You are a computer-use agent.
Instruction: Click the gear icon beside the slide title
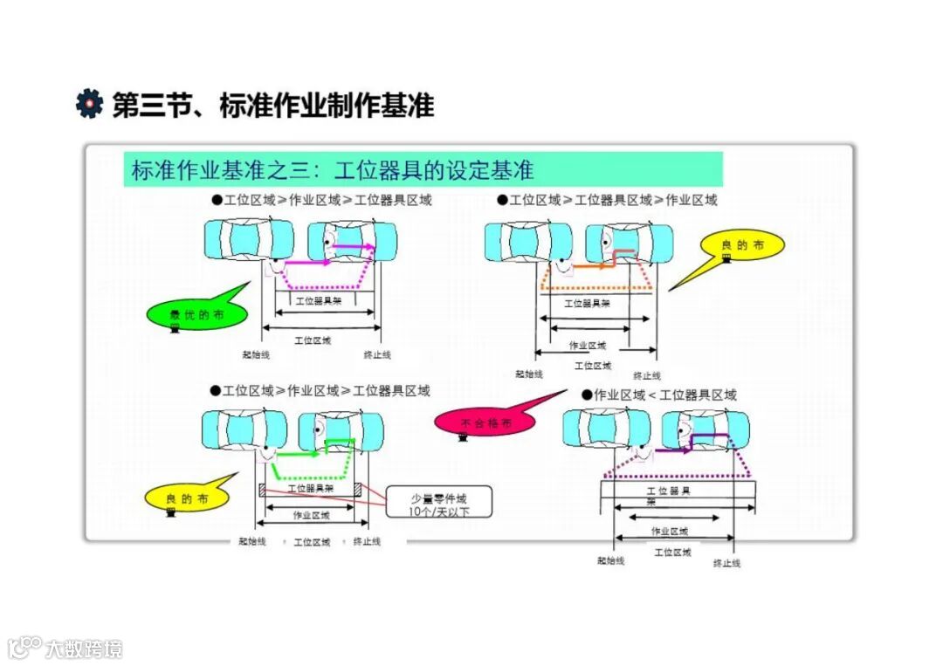point(89,104)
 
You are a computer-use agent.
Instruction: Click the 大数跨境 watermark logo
point(65,648)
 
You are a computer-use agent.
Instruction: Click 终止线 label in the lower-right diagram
point(726,563)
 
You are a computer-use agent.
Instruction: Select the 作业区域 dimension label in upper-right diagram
point(587,345)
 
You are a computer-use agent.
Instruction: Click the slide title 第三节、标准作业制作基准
point(273,105)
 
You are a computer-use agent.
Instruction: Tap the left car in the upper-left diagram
point(244,240)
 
